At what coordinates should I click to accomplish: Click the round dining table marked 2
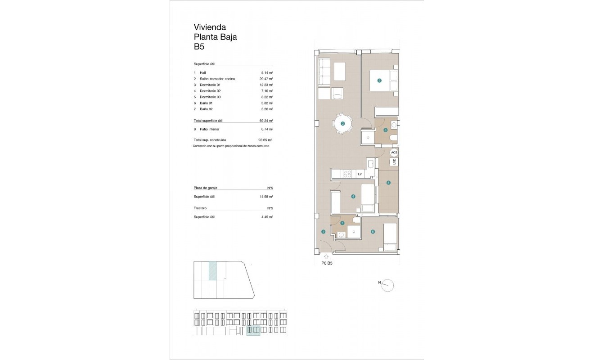[343, 124]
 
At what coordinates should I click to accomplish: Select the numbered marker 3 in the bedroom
[379, 81]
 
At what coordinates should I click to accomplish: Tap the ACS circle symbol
[394, 153]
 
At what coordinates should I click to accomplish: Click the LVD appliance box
[394, 162]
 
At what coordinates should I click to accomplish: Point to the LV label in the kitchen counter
[360, 174]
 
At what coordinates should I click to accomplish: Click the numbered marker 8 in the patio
[388, 183]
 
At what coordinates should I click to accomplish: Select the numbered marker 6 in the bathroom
[385, 130]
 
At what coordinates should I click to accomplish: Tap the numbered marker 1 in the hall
[323, 232]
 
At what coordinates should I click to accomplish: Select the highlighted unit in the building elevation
[253, 331]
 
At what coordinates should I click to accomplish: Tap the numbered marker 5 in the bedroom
[373, 232]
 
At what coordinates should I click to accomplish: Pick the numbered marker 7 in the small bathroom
[342, 223]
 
